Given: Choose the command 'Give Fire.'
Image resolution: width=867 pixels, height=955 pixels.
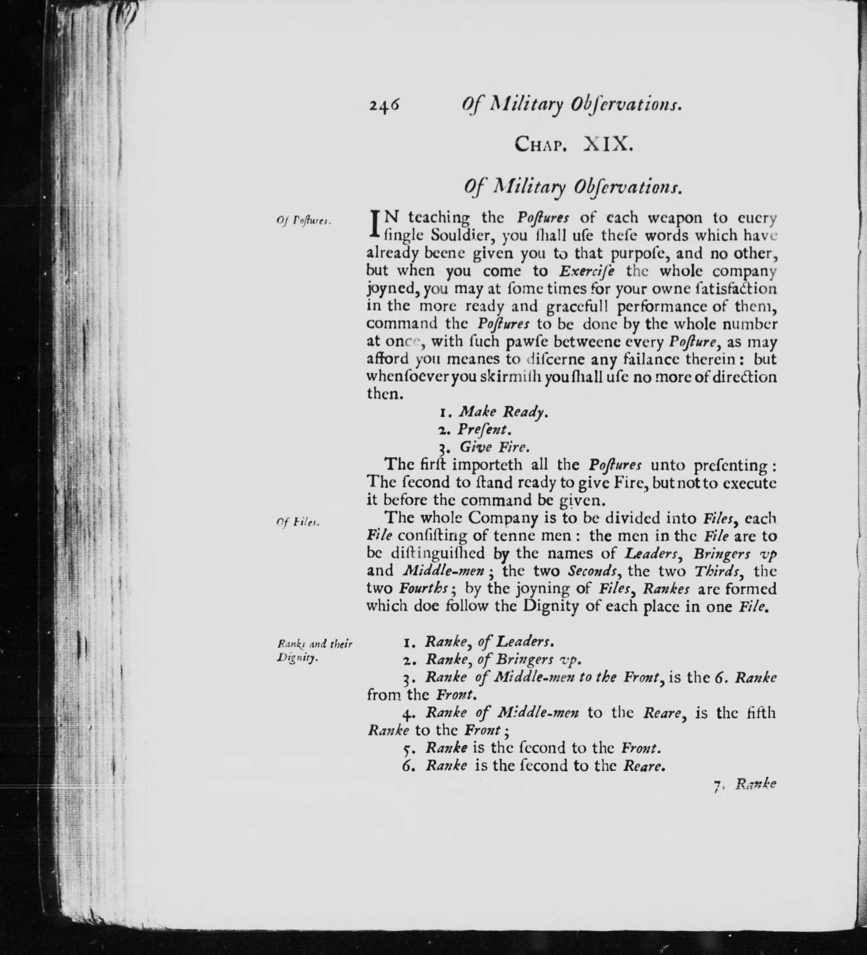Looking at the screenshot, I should click(493, 447).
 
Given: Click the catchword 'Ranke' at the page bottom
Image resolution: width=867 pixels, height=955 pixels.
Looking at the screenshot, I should click(755, 785).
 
